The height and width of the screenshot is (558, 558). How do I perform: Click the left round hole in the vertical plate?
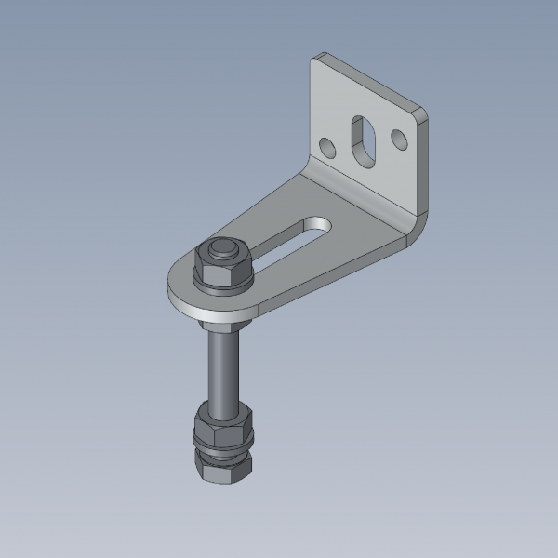pyautogui.click(x=326, y=147)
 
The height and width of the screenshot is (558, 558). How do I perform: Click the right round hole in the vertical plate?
pyautogui.click(x=400, y=139)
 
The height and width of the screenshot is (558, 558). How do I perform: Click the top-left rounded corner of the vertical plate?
pyautogui.click(x=316, y=60)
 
